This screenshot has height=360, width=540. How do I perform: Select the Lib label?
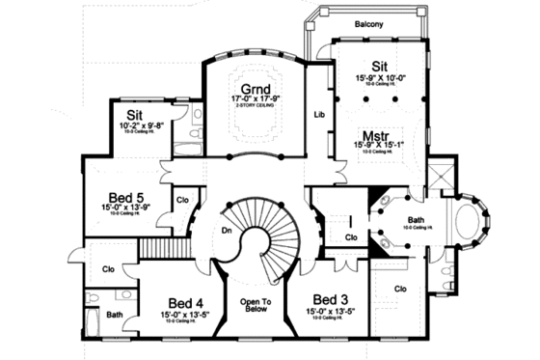[319, 115]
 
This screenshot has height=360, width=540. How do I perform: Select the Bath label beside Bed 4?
[114, 315]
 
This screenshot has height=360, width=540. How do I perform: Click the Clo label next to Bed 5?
[183, 200]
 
